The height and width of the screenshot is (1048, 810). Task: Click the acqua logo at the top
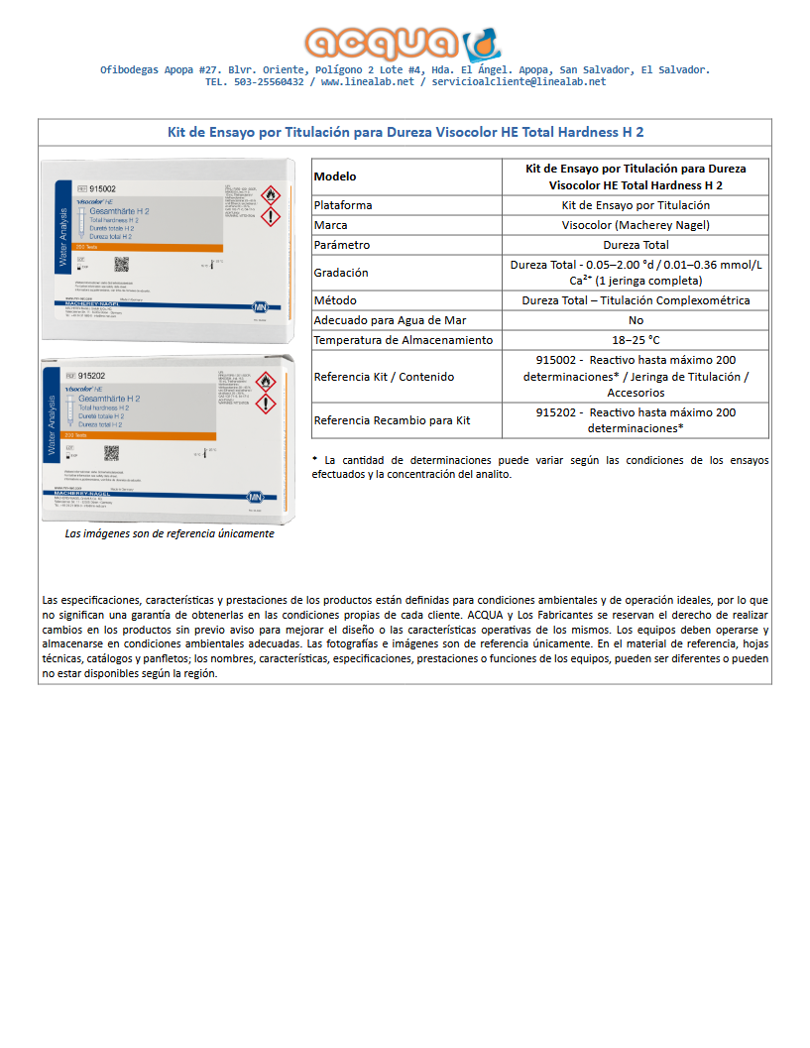(x=404, y=43)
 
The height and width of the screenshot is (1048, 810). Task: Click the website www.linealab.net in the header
(x=367, y=82)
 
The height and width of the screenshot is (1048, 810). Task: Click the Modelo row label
(x=334, y=176)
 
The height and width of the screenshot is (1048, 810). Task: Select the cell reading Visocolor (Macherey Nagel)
(x=636, y=225)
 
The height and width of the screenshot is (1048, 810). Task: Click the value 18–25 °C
(x=636, y=340)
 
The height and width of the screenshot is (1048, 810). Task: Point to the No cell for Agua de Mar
(x=636, y=320)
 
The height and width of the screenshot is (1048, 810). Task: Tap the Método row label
(x=334, y=300)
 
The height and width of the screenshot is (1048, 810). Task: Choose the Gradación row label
(x=340, y=273)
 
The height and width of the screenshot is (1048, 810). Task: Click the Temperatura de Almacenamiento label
(x=403, y=340)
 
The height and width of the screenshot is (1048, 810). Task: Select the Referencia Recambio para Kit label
(x=392, y=420)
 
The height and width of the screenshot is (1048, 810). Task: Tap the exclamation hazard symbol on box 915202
(x=267, y=404)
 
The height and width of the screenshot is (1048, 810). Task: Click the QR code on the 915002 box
(x=122, y=264)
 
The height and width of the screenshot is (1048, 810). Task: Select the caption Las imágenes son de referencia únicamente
(x=169, y=533)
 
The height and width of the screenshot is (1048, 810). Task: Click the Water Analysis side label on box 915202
(x=53, y=426)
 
